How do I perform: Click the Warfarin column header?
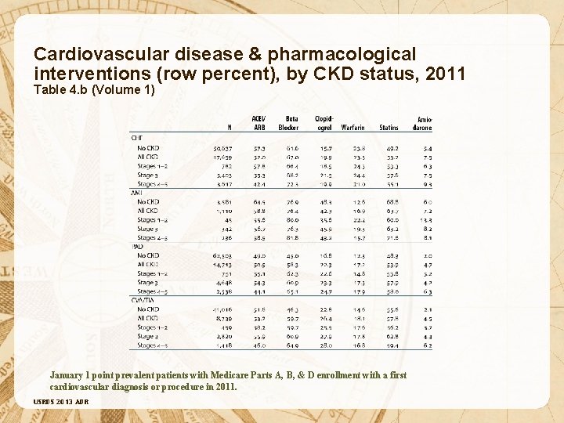click(353, 128)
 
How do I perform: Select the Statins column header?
click(389, 128)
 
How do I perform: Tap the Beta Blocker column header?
click(287, 123)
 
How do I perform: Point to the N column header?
click(230, 128)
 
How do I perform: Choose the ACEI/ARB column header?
click(258, 123)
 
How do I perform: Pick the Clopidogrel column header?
click(324, 123)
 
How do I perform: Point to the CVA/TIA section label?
click(143, 299)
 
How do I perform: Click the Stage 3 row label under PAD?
click(147, 282)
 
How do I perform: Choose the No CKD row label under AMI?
click(147, 202)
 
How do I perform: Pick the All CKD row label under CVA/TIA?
click(147, 318)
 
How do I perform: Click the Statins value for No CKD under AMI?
click(392, 202)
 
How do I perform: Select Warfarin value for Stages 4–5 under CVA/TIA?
click(359, 345)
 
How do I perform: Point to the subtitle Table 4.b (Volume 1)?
click(94, 89)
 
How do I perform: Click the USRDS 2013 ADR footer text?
click(61, 402)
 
